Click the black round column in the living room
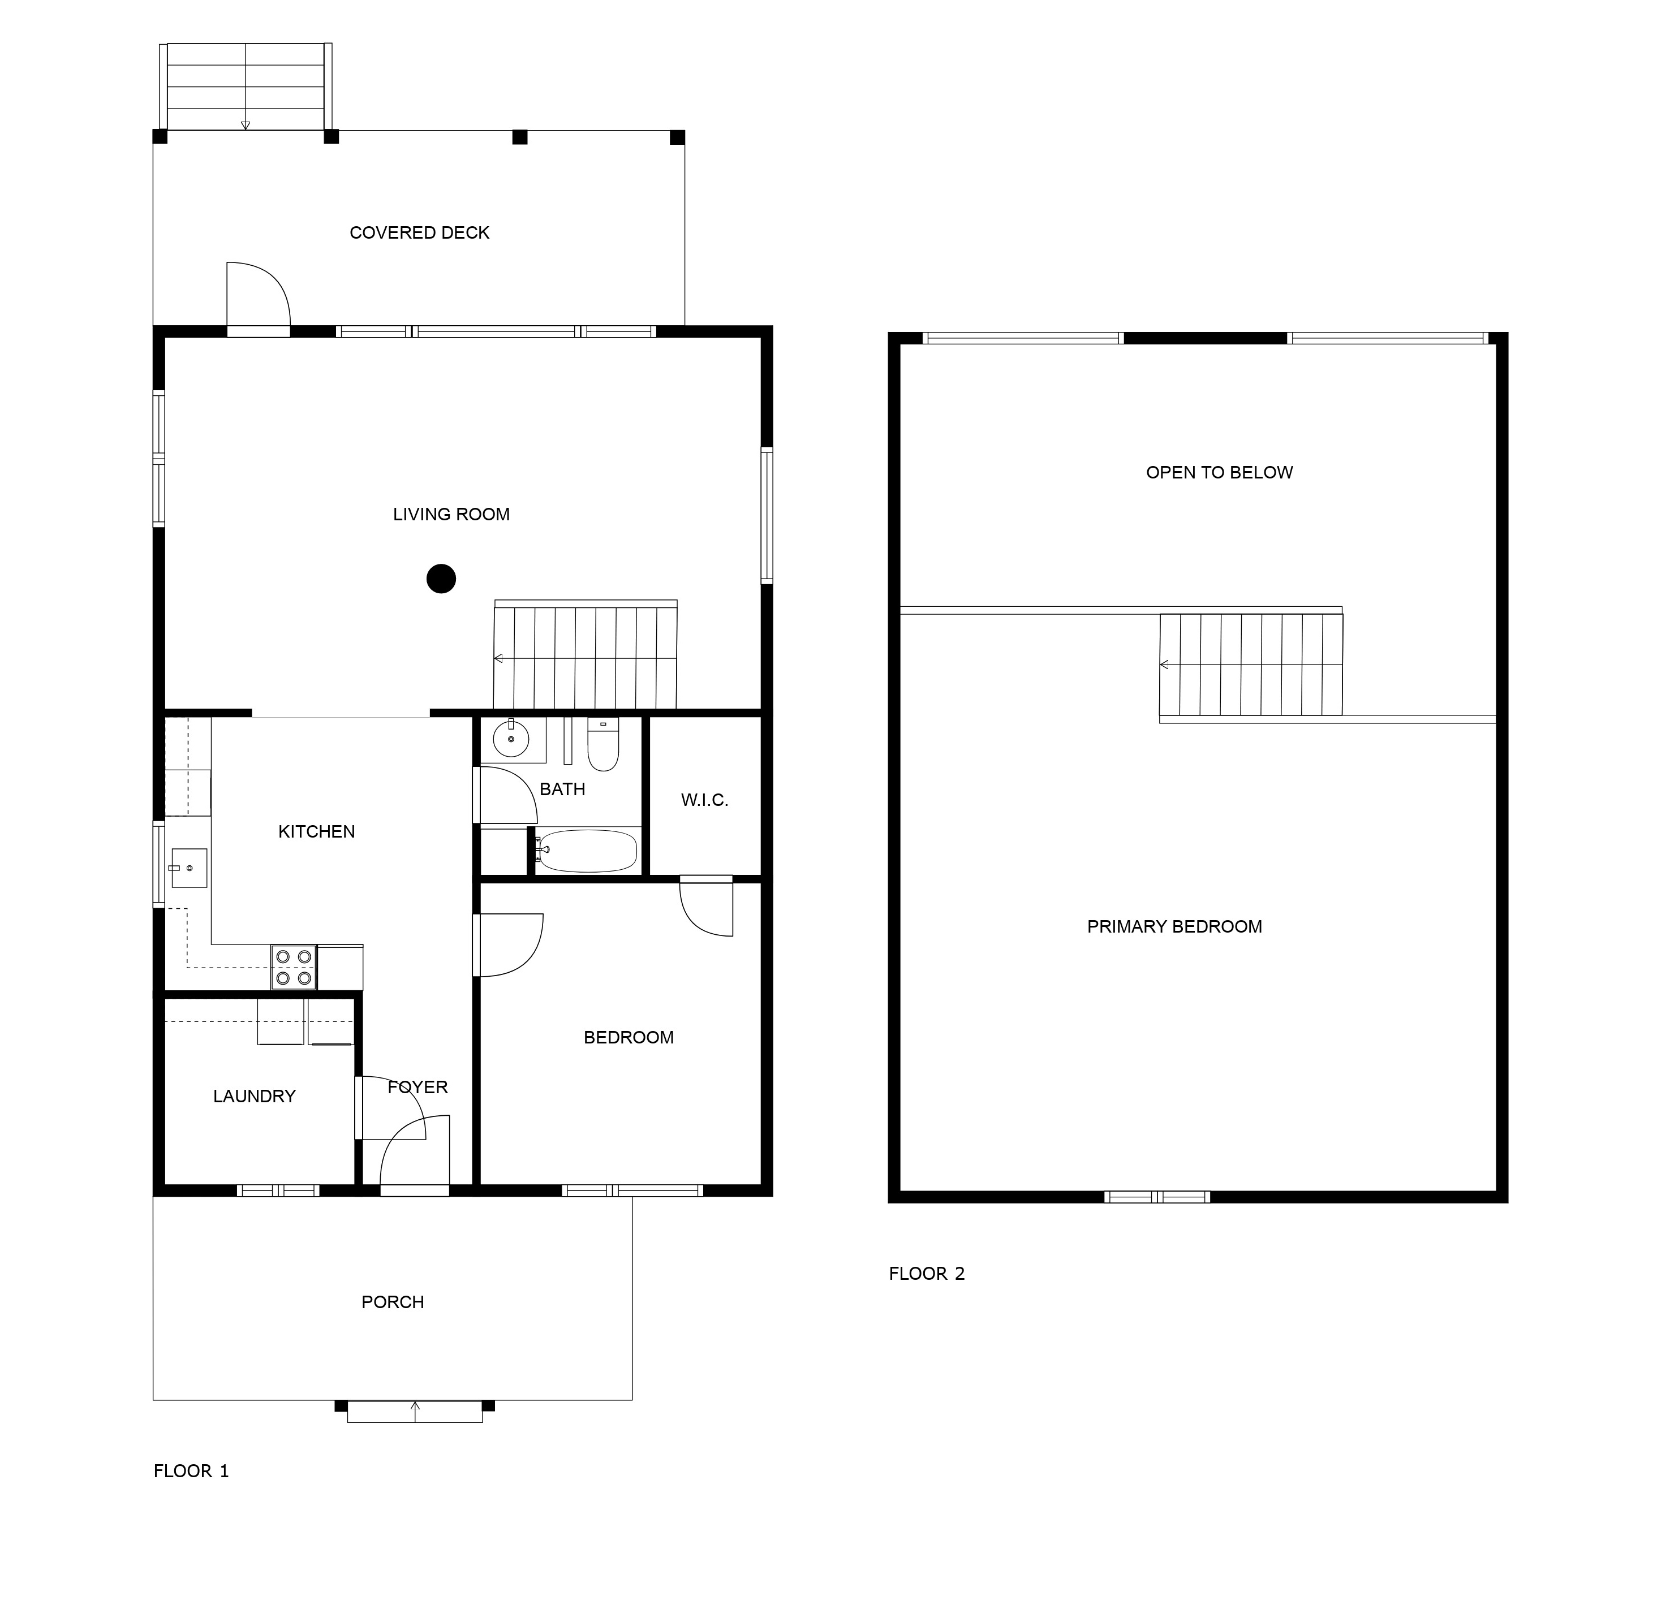[441, 579]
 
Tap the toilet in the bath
[603, 745]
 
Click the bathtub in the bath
[588, 851]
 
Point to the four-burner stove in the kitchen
[294, 967]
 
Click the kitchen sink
[188, 868]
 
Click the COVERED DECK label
[419, 232]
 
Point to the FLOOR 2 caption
[927, 1274]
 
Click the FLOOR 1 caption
[191, 1470]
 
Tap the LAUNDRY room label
[254, 1097]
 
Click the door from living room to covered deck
[258, 298]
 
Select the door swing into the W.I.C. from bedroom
[707, 907]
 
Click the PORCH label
[393, 1302]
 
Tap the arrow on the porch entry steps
[415, 1412]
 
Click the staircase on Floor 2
[1251, 665]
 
